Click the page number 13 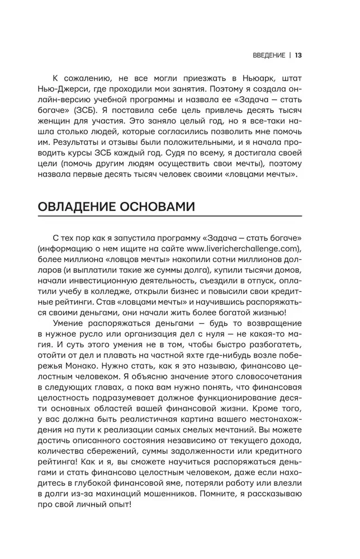coord(298,55)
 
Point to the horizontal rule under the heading coord(170,216)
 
